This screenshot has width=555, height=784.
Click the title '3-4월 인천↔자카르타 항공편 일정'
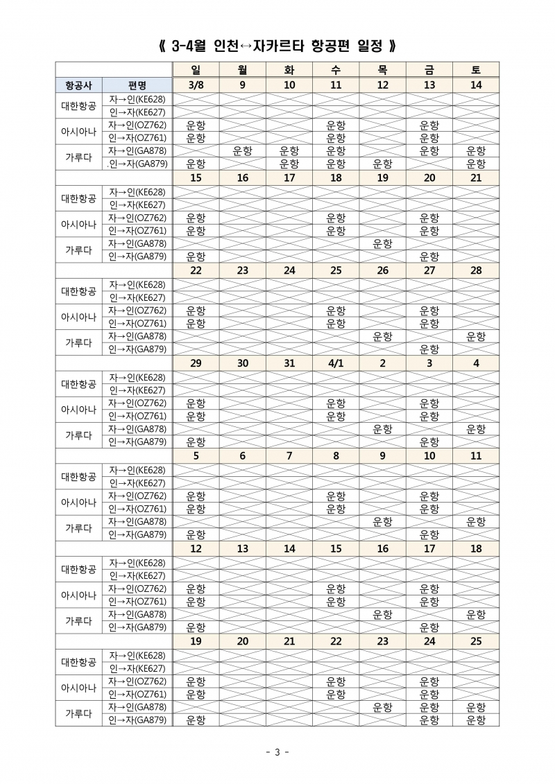[277, 46]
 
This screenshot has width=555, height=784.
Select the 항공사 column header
[79, 85]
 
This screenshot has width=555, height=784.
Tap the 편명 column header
[137, 85]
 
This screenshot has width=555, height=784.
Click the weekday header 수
[336, 69]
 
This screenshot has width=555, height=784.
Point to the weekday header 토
[476, 69]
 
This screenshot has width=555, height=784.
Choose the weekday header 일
[196, 69]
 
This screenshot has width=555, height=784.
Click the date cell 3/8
[196, 85]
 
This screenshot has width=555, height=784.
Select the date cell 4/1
[336, 363]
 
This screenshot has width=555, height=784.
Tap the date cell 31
[289, 363]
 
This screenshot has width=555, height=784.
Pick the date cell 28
[476, 270]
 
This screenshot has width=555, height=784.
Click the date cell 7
[289, 456]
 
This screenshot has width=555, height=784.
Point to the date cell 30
[243, 363]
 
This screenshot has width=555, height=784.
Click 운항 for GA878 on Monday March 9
[243, 151]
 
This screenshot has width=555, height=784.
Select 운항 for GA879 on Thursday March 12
[382, 164]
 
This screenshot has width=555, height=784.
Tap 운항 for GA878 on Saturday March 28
[476, 336]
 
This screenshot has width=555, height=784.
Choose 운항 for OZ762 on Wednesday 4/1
[336, 403]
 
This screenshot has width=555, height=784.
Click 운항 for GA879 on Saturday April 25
[476, 720]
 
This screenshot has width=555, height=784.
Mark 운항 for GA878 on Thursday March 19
[382, 244]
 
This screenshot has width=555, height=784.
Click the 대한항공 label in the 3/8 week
[79, 105]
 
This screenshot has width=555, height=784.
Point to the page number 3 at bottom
[277, 753]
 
